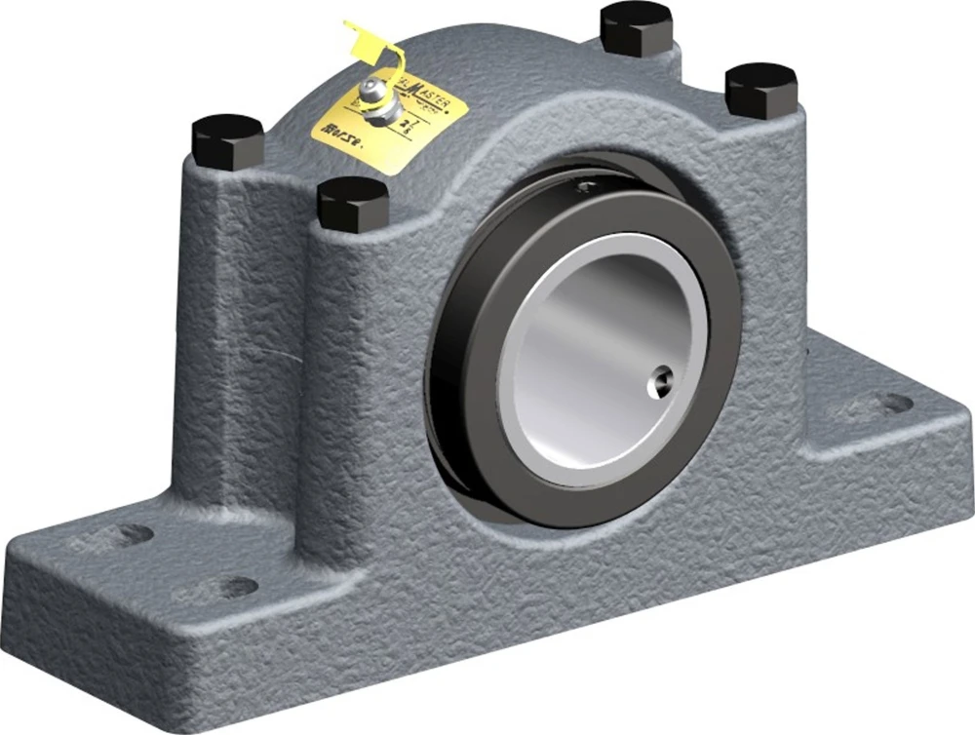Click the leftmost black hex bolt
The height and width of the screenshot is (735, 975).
[x=227, y=140]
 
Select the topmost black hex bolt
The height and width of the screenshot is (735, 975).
[x=635, y=27]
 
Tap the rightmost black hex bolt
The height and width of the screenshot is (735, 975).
[x=761, y=88]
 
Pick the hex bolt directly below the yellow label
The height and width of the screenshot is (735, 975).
[x=353, y=203]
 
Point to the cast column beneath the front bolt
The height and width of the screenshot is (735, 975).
[x=356, y=390]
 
